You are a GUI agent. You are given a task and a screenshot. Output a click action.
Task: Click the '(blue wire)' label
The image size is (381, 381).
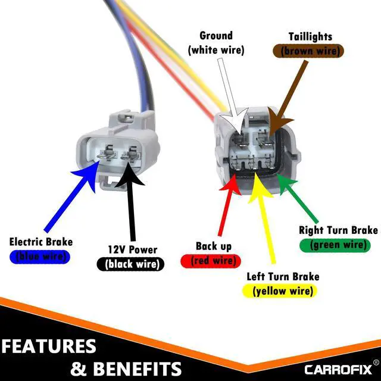40,257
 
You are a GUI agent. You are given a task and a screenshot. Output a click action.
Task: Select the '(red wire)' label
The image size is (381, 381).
213,260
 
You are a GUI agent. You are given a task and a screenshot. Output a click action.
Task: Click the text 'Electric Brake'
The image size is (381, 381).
40,242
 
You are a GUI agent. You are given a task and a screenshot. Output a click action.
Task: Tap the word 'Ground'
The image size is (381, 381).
216,36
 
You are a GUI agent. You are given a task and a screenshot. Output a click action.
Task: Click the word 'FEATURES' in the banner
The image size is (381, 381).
49,346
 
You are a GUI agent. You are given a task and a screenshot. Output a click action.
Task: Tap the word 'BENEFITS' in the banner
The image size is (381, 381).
136,367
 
